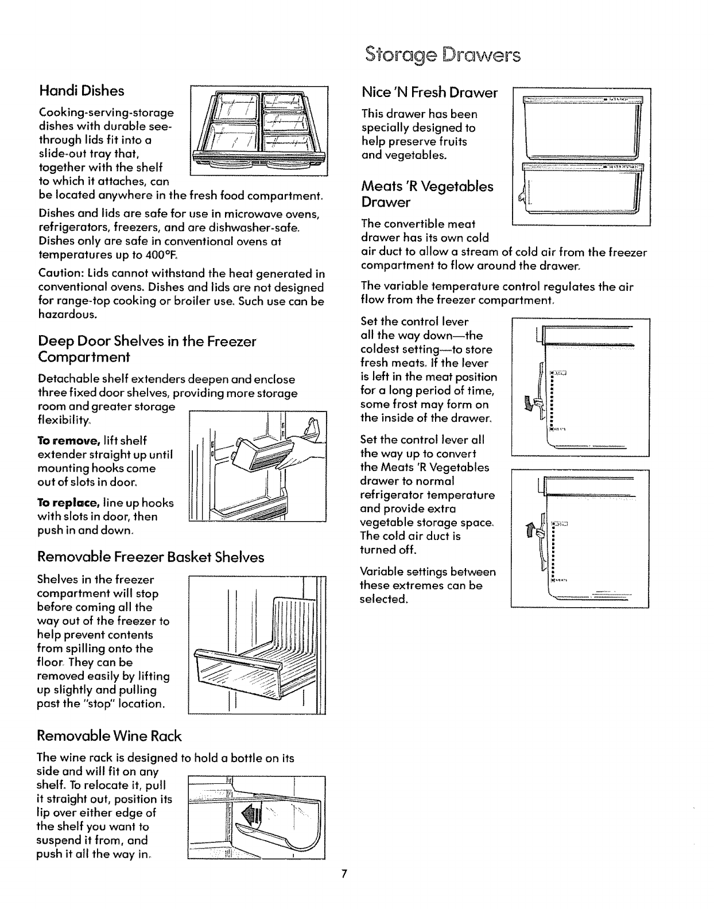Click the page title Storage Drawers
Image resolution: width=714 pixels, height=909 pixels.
[443, 56]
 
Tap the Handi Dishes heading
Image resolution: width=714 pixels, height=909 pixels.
[81, 91]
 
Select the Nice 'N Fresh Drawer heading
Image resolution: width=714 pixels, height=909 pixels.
[429, 92]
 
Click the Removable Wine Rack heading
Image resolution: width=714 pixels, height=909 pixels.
[108, 736]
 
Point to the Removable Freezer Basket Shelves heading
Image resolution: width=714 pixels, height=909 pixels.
[151, 557]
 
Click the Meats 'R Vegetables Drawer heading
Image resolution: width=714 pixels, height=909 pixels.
[427, 194]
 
